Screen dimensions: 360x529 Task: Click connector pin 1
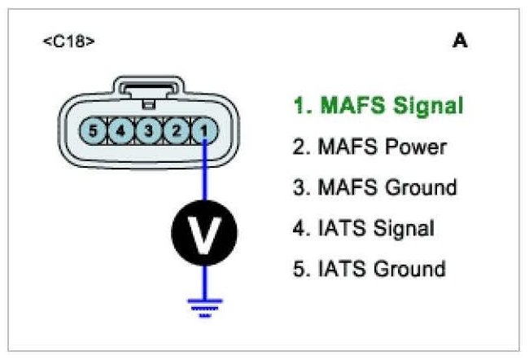click(204, 130)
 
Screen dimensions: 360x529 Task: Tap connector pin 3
click(149, 130)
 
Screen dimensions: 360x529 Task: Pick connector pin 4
click(121, 130)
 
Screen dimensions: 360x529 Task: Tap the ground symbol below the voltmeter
click(204, 305)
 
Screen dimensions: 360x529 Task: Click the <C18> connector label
click(68, 40)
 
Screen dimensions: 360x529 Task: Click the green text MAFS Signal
click(378, 106)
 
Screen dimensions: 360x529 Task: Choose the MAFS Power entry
click(369, 147)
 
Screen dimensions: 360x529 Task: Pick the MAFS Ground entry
click(374, 187)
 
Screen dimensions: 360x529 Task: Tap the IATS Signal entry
click(363, 228)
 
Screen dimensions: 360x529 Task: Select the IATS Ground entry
click(369, 269)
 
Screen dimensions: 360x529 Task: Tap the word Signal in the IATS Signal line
click(402, 228)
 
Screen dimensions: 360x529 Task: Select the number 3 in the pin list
click(298, 187)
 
